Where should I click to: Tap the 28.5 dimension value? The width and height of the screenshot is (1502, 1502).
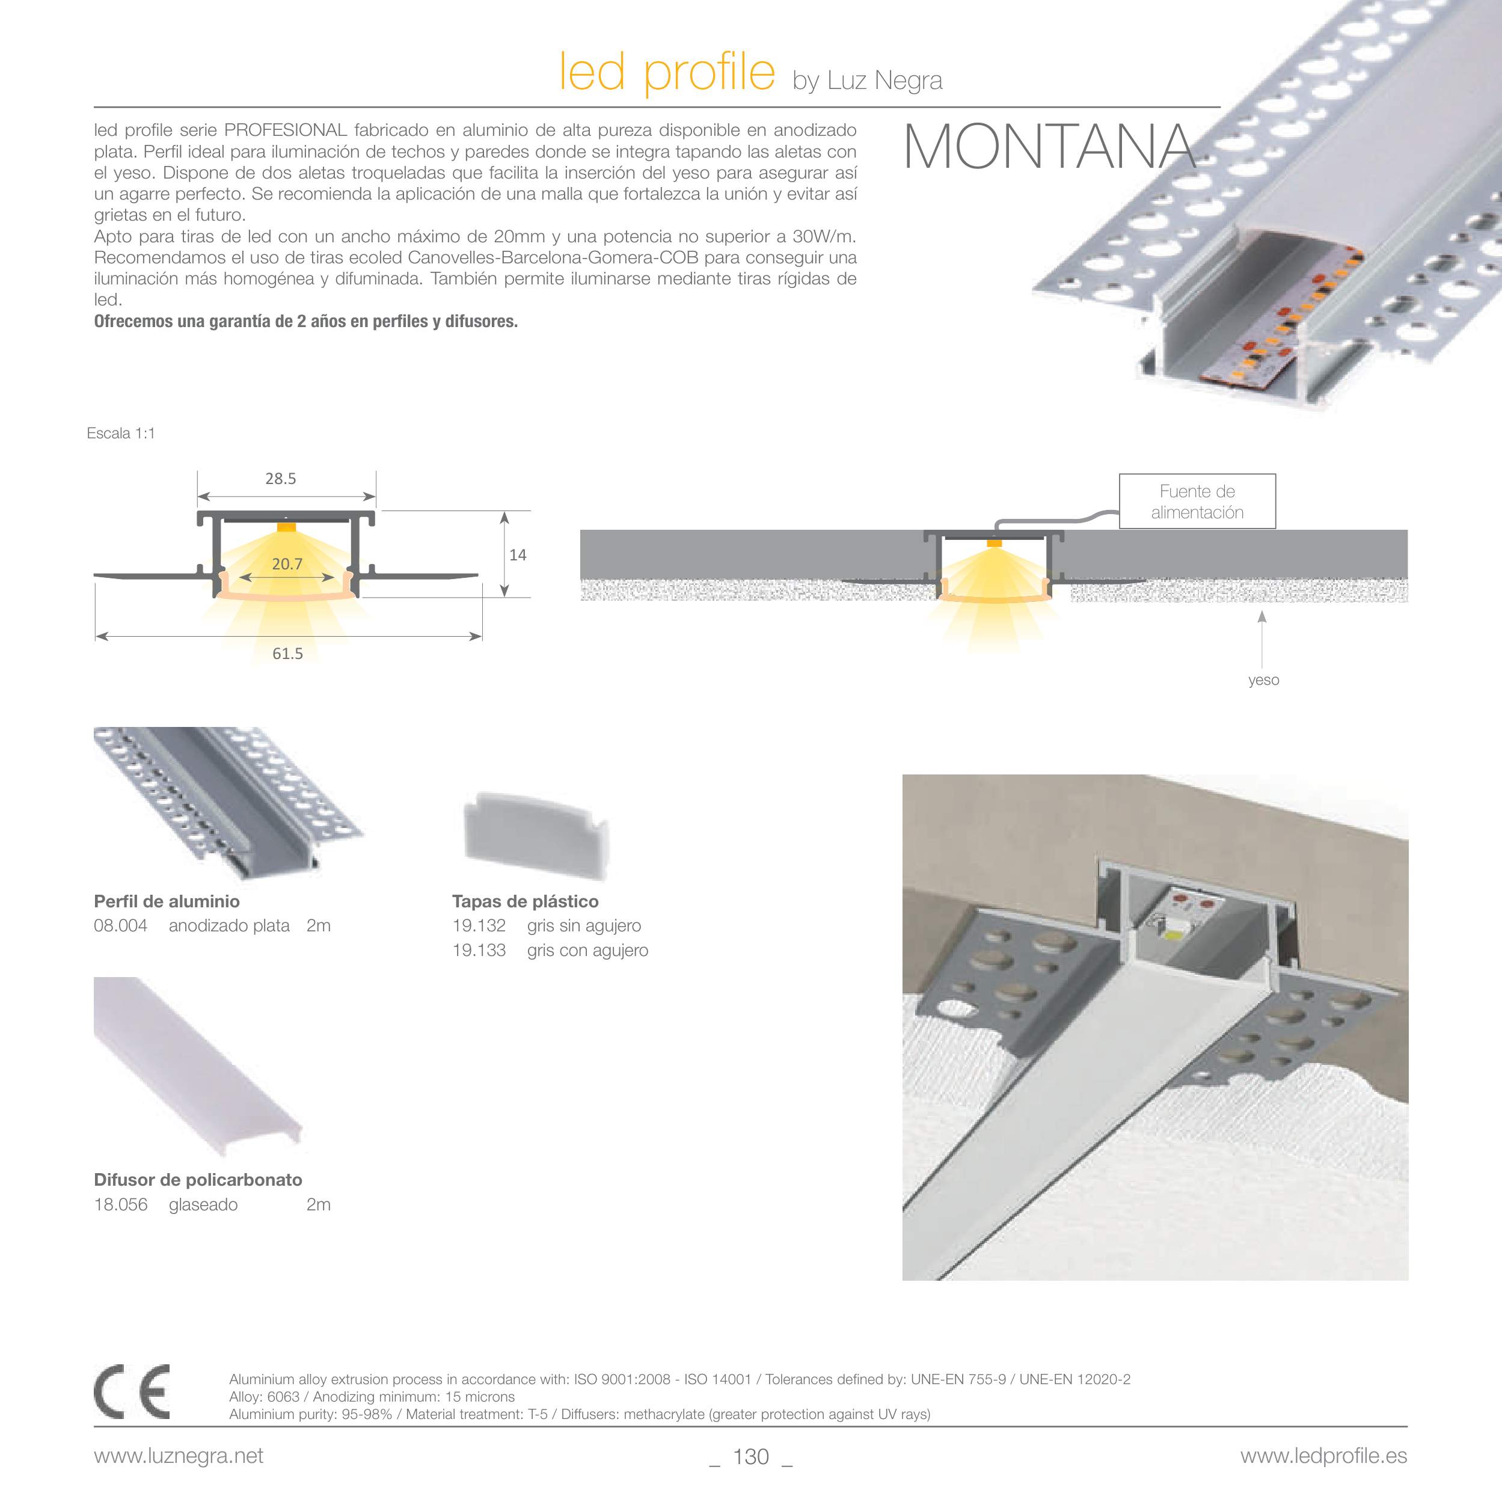pyautogui.click(x=281, y=479)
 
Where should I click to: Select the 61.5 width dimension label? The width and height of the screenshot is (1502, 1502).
pyautogui.click(x=287, y=654)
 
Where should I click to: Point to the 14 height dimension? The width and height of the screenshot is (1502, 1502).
pyautogui.click(x=518, y=555)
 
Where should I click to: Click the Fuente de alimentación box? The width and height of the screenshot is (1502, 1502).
pyautogui.click(x=1197, y=501)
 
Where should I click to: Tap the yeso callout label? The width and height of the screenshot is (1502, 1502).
pyautogui.click(x=1263, y=680)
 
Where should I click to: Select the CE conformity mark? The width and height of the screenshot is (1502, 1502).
pyautogui.click(x=132, y=1391)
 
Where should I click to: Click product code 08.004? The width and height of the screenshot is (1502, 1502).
pyautogui.click(x=120, y=926)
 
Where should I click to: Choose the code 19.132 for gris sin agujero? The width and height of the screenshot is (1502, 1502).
pyautogui.click(x=479, y=926)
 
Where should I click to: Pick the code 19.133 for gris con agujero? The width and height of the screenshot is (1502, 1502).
pyautogui.click(x=479, y=951)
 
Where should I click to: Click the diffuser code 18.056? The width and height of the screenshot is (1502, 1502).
pyautogui.click(x=120, y=1205)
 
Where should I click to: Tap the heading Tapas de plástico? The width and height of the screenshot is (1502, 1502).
pyautogui.click(x=526, y=902)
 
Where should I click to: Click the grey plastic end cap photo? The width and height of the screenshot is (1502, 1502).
pyautogui.click(x=535, y=836)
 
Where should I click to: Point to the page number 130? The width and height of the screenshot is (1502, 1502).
pyautogui.click(x=751, y=1457)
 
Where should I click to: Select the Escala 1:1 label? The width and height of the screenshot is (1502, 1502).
pyautogui.click(x=121, y=434)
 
